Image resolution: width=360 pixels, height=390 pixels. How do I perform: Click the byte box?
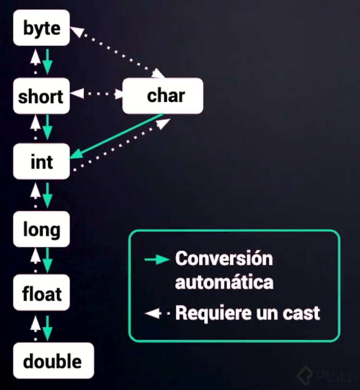[42, 29]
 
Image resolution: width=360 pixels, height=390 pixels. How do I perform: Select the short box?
[41, 96]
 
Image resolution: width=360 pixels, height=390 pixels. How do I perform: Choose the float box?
[42, 294]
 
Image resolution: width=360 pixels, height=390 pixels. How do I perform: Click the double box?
[52, 361]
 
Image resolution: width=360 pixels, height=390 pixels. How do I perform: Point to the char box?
[163, 96]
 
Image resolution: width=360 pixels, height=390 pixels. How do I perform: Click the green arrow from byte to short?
[47, 61]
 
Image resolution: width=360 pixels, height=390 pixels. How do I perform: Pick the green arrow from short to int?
[47, 127]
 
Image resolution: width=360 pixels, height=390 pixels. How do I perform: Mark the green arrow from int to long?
[47, 195]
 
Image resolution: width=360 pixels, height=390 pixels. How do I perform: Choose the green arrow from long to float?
[47, 260]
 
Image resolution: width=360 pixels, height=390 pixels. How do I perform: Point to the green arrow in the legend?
[157, 259]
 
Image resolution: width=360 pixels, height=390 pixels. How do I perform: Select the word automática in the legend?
[224, 282]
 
